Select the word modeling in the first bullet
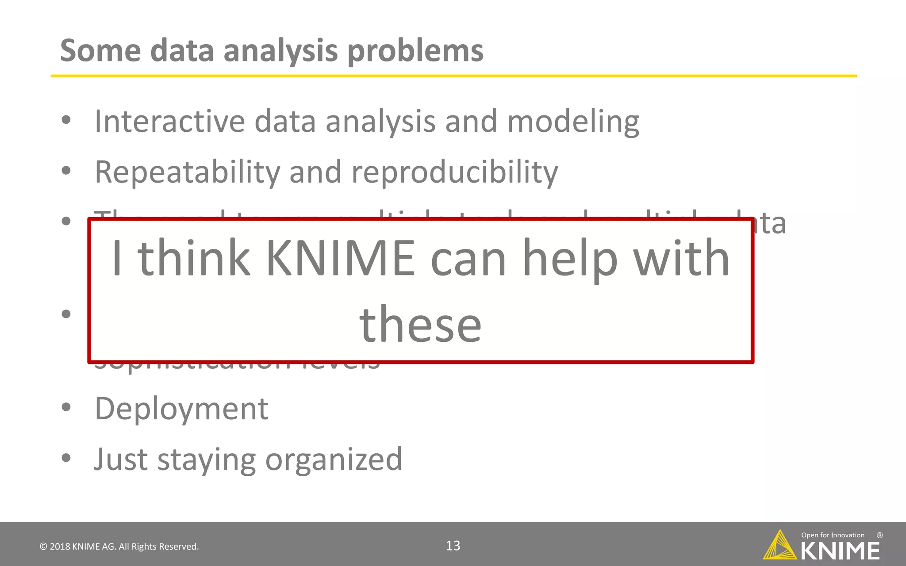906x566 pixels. (x=573, y=122)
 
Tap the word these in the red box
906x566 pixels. (x=420, y=325)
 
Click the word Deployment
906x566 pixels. (x=181, y=409)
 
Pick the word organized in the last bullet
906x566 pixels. (x=334, y=460)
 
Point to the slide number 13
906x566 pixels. (x=453, y=546)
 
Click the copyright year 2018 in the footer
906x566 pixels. (x=60, y=547)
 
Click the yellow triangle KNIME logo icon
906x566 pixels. (x=779, y=546)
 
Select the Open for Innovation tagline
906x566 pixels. (x=833, y=535)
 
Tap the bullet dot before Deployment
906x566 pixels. (x=66, y=407)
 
